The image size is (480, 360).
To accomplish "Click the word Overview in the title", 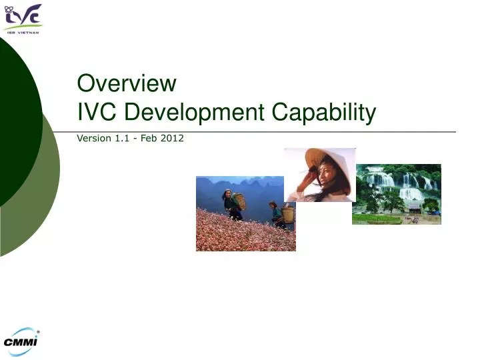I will pyautogui.click(x=127, y=83).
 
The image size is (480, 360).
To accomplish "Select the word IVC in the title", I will pyautogui.click(x=95, y=113).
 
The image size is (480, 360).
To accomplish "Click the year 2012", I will pyautogui.click(x=173, y=139).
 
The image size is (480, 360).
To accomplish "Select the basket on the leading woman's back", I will pyautogui.click(x=239, y=201).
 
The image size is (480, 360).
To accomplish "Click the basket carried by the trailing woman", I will pyautogui.click(x=287, y=215).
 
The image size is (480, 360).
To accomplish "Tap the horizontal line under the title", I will pyautogui.click(x=267, y=131).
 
